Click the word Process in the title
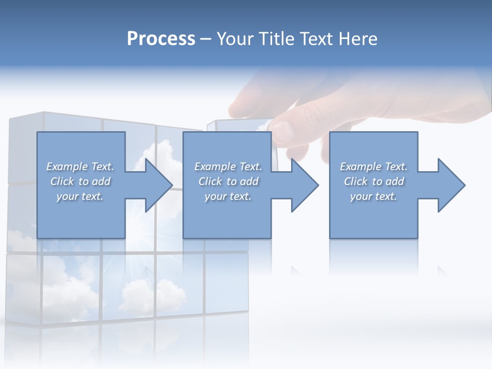pos(161,39)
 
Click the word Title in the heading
pos(276,39)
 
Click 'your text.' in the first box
pos(80,196)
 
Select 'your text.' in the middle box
pos(228,196)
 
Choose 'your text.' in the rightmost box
pos(374,196)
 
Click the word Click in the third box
pos(356,181)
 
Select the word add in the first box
pos(101,181)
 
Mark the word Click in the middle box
pos(210,181)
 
